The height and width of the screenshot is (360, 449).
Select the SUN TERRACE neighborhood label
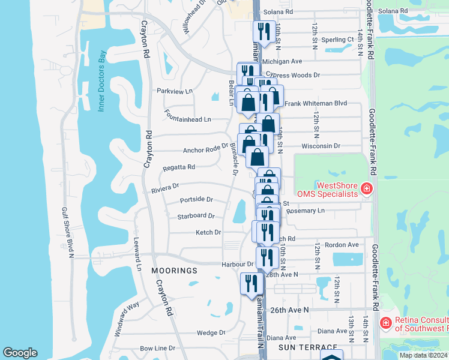click(x=300, y=348)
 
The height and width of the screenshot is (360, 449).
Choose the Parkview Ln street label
click(x=175, y=91)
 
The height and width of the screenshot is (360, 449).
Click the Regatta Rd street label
click(x=179, y=167)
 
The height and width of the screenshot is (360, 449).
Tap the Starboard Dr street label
click(x=196, y=216)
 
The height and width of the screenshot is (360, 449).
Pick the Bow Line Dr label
click(x=157, y=348)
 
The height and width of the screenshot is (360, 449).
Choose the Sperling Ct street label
click(x=337, y=40)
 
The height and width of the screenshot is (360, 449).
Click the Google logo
click(x=20, y=353)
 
